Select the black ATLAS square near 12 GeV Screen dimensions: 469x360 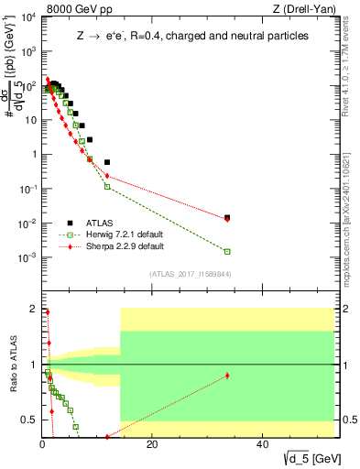[x=107, y=162]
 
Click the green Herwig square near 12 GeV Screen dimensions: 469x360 [x=107, y=186]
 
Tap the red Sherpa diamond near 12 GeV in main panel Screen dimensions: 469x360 [x=107, y=176]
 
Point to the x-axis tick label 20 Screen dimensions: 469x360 [x=152, y=447]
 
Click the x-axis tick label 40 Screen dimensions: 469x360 [x=263, y=447]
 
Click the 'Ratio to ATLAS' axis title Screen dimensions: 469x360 [x=12, y=364]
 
